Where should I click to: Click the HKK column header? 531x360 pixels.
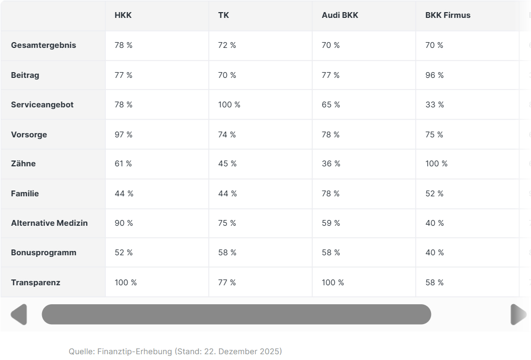point(123,15)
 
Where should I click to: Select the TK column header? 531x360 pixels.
point(224,15)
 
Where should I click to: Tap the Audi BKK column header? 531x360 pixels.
point(340,15)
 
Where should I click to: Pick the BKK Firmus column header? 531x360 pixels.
point(448,15)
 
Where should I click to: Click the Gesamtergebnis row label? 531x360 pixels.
point(44,45)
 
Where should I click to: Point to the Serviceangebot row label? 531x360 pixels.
point(42,105)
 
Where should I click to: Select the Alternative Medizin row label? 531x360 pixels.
point(49,223)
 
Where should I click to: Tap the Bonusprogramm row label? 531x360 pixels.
point(44,253)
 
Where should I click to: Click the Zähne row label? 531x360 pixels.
point(24,164)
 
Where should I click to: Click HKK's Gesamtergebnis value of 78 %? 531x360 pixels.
point(124,45)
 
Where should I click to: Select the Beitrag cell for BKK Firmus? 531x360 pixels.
point(435,75)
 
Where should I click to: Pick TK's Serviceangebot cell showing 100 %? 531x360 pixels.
point(229,105)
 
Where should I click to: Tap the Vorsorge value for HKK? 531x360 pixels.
point(124,135)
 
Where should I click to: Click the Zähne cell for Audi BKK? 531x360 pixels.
point(331,164)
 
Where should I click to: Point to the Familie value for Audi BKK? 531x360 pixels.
point(331,194)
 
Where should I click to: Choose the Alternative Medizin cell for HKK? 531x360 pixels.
point(124,223)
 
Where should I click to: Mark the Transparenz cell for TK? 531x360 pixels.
point(227,283)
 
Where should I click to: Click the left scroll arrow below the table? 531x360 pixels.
point(19,314)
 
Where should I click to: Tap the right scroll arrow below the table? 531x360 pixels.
point(518,314)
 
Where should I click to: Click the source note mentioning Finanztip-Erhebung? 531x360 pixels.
point(175,351)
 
